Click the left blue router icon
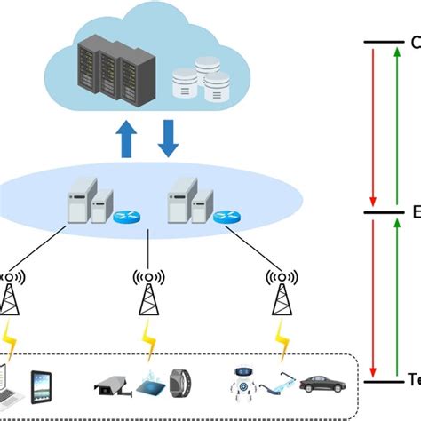(x=123, y=214)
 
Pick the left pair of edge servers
(x=92, y=202)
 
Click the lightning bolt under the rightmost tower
(x=282, y=337)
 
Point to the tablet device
(x=42, y=386)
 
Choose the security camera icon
(x=111, y=384)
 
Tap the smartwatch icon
(x=183, y=385)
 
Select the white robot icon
(x=242, y=382)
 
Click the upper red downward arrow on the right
(x=374, y=124)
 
